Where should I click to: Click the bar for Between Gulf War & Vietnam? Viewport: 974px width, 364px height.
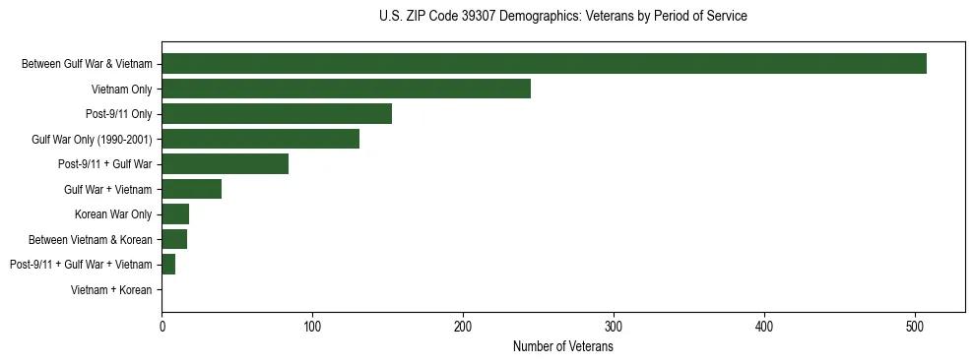(544, 64)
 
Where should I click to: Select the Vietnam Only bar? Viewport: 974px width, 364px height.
(346, 89)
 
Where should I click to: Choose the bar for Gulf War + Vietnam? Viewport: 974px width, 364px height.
(191, 189)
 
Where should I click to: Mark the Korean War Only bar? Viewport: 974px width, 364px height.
(175, 213)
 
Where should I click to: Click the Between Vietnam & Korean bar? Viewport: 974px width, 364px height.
(174, 239)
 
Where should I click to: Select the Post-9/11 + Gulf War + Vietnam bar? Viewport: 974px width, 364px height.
(168, 264)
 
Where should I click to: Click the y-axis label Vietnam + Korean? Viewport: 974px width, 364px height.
(111, 289)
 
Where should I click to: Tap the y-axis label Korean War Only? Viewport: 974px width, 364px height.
(113, 214)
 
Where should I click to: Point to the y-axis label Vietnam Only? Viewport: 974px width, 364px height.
(121, 90)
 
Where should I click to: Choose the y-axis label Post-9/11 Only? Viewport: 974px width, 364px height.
(119, 114)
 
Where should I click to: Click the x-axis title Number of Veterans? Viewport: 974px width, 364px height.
(563, 346)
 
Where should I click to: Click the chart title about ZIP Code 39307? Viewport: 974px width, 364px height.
(562, 17)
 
